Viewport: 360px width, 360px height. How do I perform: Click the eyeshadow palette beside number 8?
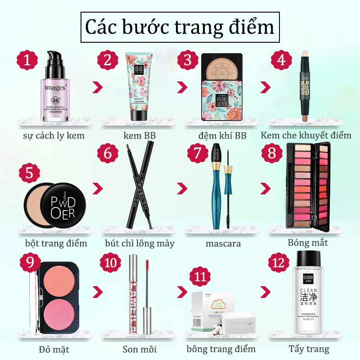pyautogui.click(x=308, y=187)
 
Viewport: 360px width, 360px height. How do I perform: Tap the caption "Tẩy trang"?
pyautogui.click(x=309, y=349)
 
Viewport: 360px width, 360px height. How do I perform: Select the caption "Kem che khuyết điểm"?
pyautogui.click(x=306, y=135)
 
